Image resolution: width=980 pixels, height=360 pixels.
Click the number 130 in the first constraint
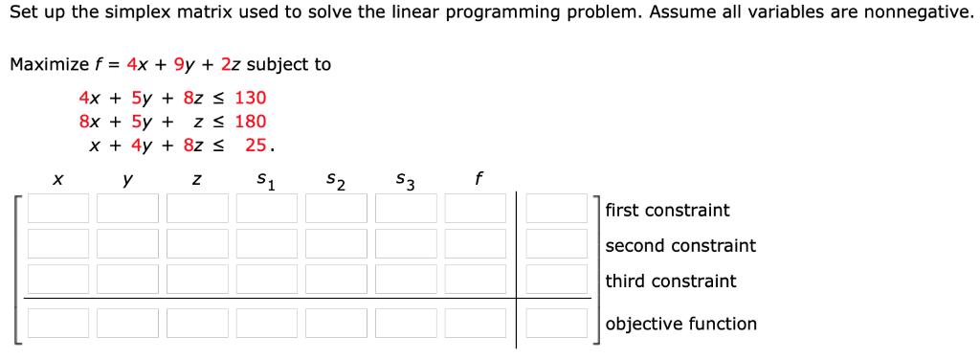251,98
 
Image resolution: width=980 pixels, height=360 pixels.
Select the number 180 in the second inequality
251,122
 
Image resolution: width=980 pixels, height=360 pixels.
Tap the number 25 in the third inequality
256,146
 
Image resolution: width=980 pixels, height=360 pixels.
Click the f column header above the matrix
479,177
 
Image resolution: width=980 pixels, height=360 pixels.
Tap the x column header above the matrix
58,179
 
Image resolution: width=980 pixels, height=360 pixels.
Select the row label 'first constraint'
667,210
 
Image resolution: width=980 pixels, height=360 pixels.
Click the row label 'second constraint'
680,245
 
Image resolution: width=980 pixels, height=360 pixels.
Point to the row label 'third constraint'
671,281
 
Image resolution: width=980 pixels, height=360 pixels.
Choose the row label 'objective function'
680,324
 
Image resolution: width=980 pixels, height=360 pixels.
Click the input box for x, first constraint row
58,208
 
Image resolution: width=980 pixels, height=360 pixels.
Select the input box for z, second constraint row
197,243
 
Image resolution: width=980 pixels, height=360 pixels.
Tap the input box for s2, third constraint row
336,279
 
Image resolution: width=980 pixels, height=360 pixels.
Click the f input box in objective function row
475,323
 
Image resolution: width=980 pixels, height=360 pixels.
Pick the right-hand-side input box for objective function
556,323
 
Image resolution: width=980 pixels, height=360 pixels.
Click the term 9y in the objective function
184,65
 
